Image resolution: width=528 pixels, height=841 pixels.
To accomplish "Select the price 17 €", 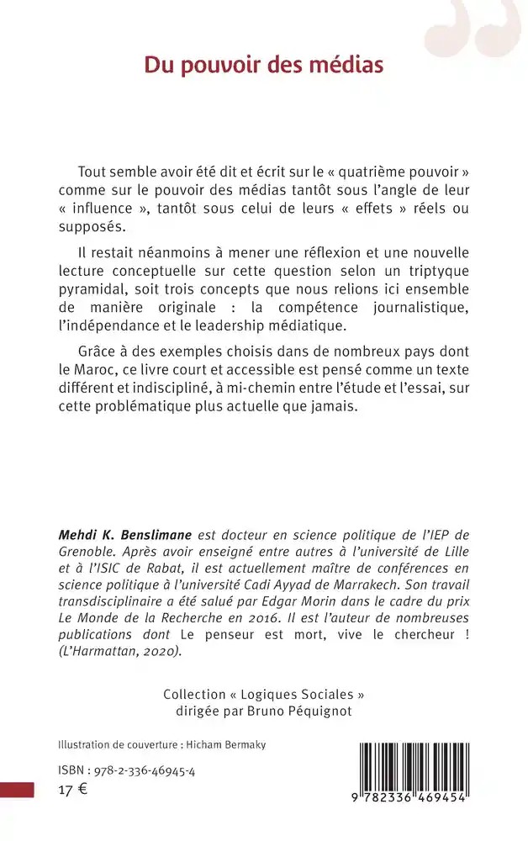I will [72, 790].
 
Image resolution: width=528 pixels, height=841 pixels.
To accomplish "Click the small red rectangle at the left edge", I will [17, 790].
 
